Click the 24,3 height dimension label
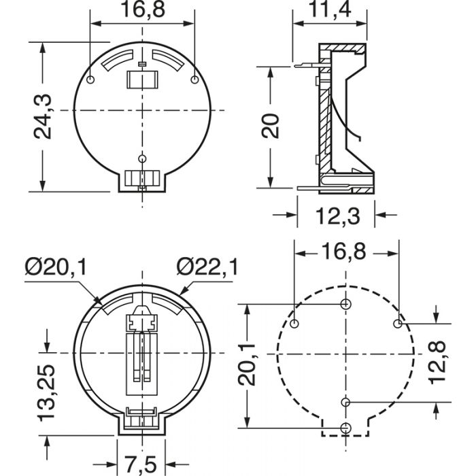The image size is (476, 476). (42, 117)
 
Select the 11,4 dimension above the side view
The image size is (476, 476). (329, 9)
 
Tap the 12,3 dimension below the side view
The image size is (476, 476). (337, 216)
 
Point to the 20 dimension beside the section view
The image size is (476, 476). (270, 126)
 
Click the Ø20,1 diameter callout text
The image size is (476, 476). (56, 267)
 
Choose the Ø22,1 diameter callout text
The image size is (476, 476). (207, 267)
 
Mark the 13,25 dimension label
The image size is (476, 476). (46, 393)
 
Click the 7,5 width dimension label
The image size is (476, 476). (140, 464)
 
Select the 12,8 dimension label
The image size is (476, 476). (437, 362)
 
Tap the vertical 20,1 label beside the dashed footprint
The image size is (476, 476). (246, 364)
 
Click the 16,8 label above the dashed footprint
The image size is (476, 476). (343, 252)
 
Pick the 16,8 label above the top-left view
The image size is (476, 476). (143, 10)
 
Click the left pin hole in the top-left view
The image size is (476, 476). (90, 80)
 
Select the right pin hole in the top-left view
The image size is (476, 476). (194, 80)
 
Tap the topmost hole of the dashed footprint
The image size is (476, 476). (345, 303)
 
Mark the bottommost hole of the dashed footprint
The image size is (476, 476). (345, 428)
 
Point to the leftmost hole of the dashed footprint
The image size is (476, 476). (294, 324)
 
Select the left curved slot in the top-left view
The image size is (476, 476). (118, 60)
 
